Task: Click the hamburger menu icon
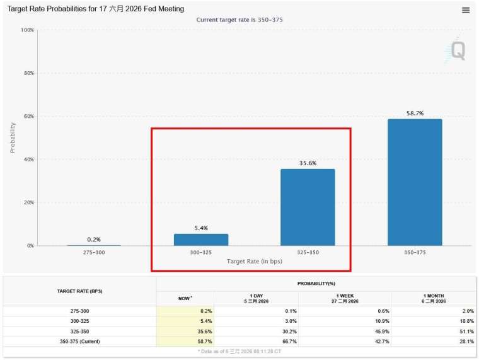click(x=466, y=10)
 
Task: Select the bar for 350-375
click(x=415, y=182)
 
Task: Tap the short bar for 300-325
click(x=201, y=240)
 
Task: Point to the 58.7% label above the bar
click(x=415, y=113)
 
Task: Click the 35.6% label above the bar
click(x=308, y=163)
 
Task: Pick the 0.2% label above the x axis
click(x=94, y=240)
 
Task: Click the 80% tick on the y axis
click(x=27, y=73)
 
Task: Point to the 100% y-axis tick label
click(x=26, y=30)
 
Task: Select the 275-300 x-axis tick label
click(x=94, y=252)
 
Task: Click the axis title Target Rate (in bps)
click(x=254, y=261)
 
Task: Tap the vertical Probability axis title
click(x=13, y=137)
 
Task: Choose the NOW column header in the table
click(x=185, y=299)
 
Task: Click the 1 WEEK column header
click(x=344, y=299)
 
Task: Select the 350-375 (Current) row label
click(x=79, y=341)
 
